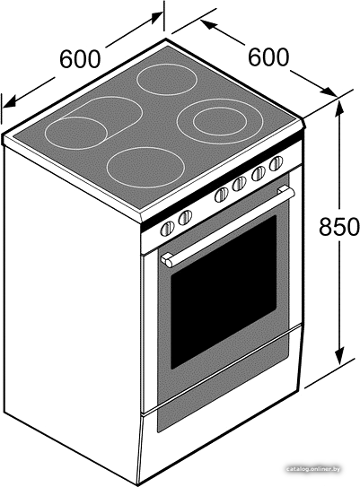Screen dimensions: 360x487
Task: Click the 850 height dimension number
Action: tap(338, 226)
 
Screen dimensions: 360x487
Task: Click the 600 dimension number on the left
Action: tap(80, 58)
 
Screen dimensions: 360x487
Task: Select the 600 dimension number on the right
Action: tap(268, 57)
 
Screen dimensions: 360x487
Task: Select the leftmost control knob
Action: tap(167, 229)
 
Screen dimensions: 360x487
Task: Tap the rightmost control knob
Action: tap(277, 163)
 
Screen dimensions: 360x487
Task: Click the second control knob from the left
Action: tap(185, 217)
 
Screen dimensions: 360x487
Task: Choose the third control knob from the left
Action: tap(222, 195)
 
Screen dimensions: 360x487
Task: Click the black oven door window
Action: tap(224, 292)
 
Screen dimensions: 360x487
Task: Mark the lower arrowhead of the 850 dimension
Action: tap(339, 356)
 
